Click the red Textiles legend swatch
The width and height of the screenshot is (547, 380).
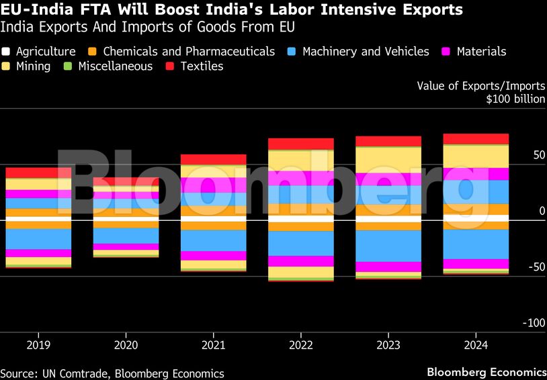pyautogui.click(x=171, y=66)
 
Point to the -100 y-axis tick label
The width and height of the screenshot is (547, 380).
pyautogui.click(x=535, y=323)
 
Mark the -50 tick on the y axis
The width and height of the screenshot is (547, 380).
pyautogui.click(x=537, y=267)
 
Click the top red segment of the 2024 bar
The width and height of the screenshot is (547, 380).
pyautogui.click(x=476, y=139)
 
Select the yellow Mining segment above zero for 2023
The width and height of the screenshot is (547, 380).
pyautogui.click(x=388, y=160)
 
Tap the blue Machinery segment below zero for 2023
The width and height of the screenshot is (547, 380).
pyautogui.click(x=388, y=246)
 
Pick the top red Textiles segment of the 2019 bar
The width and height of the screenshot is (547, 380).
pyautogui.click(x=38, y=173)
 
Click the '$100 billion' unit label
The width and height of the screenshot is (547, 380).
pyautogui.click(x=516, y=99)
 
